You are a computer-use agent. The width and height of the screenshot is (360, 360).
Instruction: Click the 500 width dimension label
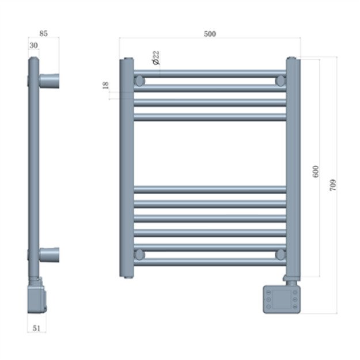coord(210,33)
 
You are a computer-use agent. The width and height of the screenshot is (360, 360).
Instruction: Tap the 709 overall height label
coord(334,185)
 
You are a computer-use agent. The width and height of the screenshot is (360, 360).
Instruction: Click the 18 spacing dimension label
coord(105,85)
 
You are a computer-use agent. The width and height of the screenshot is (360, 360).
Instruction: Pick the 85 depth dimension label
coord(43,33)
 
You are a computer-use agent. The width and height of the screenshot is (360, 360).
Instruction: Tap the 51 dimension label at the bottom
coord(37,328)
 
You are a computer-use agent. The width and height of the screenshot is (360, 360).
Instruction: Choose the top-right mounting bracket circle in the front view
coord(281,81)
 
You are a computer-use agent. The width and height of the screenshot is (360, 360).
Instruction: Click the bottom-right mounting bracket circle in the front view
coord(281,254)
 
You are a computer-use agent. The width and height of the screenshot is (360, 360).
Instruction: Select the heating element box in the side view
coord(38,297)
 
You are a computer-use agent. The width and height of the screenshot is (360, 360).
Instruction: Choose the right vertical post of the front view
coord(293,167)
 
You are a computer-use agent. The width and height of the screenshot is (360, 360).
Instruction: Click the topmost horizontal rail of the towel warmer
coord(210,74)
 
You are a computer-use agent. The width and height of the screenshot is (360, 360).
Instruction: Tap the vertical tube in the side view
coord(33,167)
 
